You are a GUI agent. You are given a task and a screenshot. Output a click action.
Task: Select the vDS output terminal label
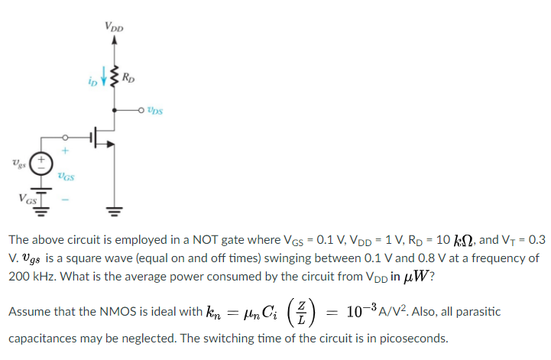pos(155,109)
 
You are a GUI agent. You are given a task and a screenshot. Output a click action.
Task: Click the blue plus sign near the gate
pos(65,151)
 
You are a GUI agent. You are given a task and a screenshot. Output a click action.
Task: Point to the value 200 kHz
pos(26,276)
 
